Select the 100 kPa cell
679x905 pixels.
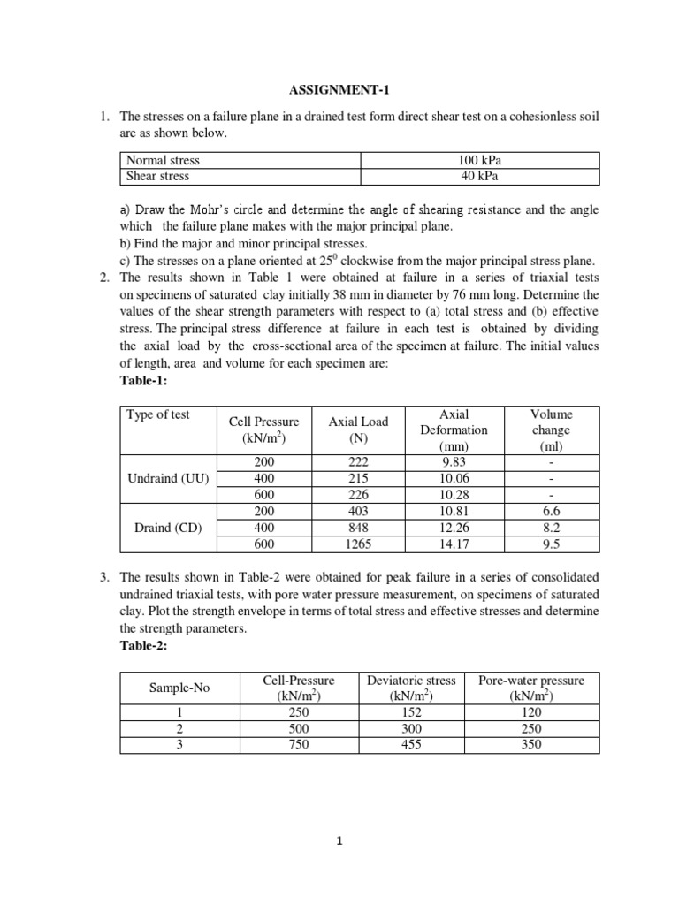tap(480, 160)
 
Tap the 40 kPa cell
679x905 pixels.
tap(480, 176)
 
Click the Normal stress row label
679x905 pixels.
tap(164, 160)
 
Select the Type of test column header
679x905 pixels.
tap(158, 414)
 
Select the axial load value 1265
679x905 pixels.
tap(358, 544)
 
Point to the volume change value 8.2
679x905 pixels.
tap(552, 528)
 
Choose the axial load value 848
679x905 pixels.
tap(358, 528)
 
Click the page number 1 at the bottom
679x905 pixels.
tap(339, 841)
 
